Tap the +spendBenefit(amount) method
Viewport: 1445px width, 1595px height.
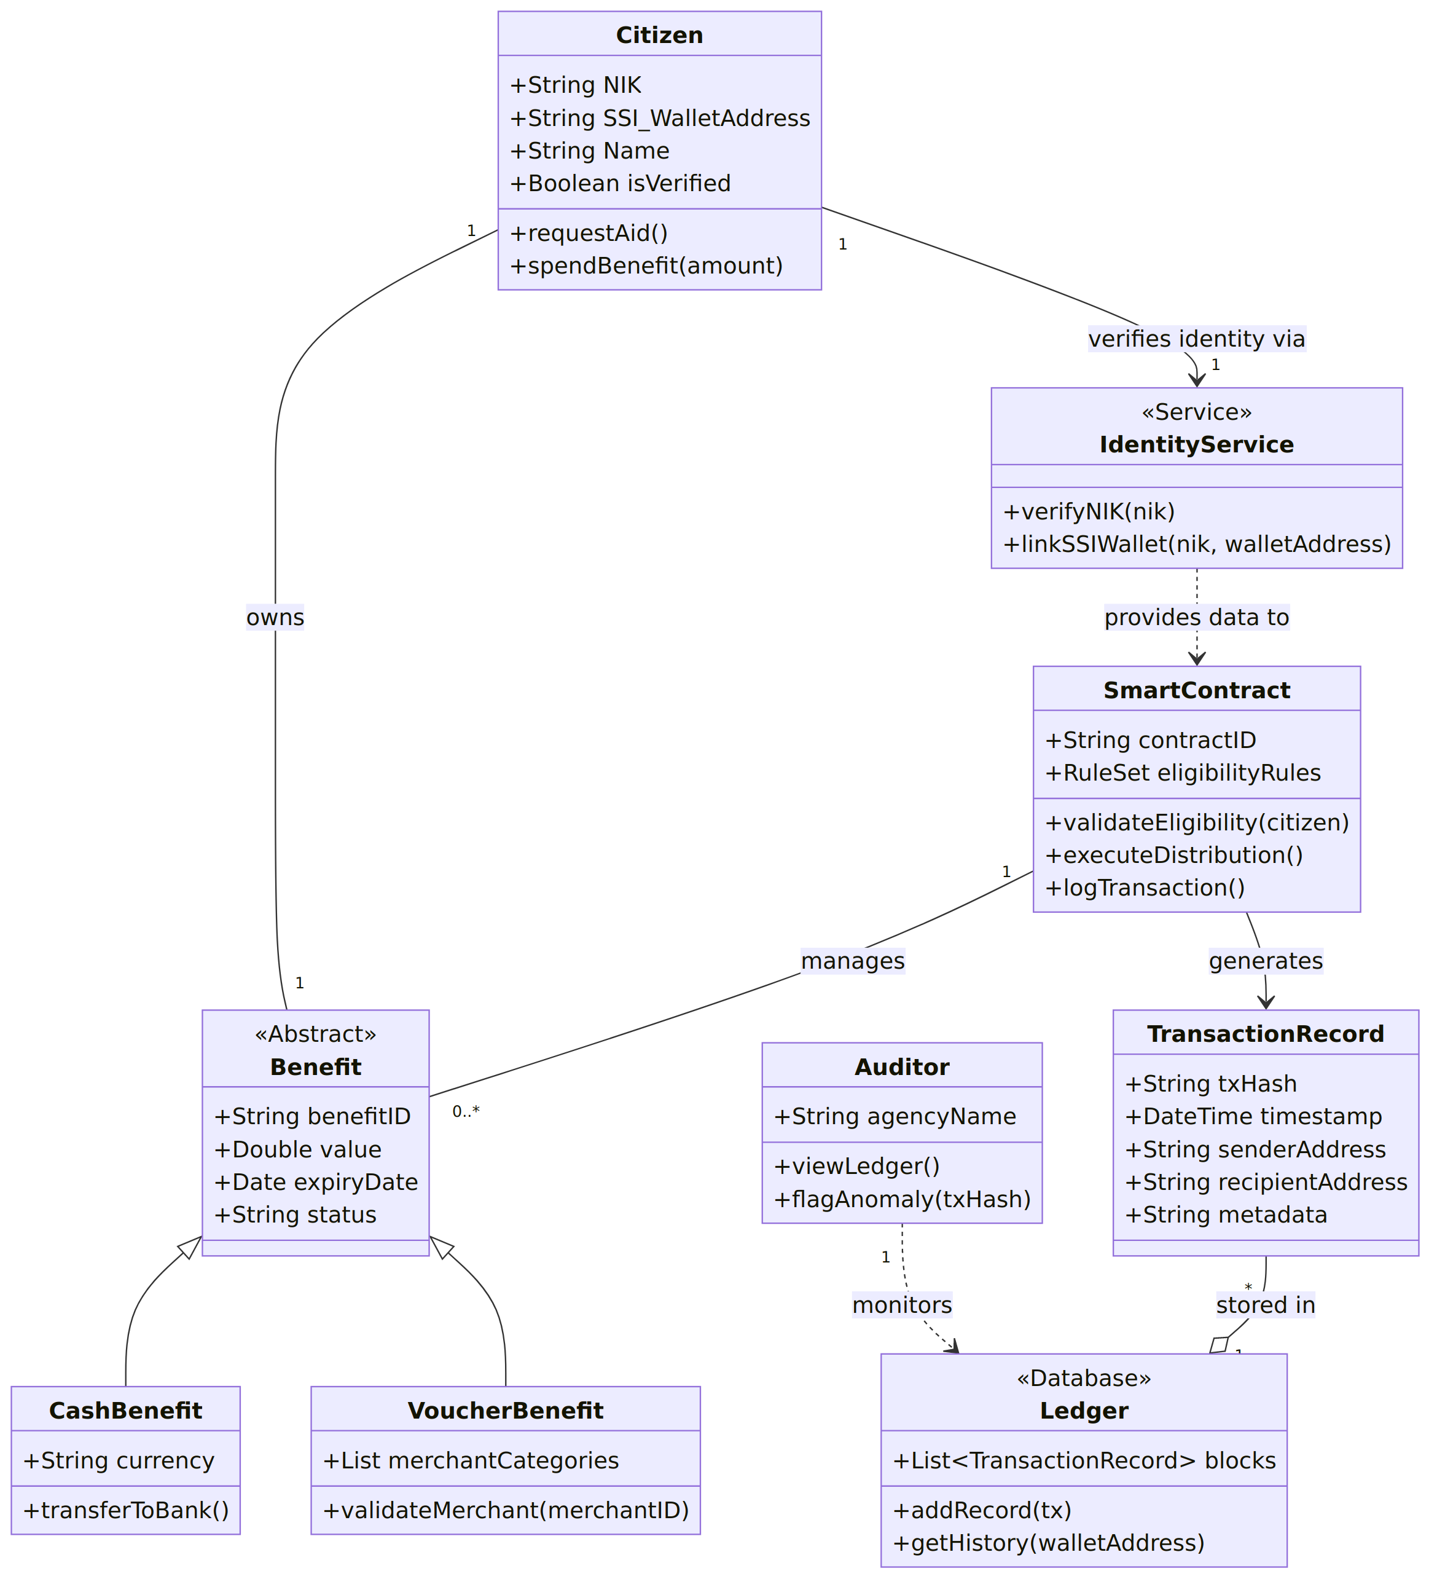pos(646,265)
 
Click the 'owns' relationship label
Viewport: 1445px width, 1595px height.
pos(275,617)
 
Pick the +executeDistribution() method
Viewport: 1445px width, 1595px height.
pos(1173,854)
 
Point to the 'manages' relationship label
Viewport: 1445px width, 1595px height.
pos(853,961)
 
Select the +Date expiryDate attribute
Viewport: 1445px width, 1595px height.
pos(316,1181)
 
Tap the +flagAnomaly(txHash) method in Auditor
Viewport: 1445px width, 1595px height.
pos(902,1199)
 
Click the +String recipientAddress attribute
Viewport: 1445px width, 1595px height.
pos(1266,1181)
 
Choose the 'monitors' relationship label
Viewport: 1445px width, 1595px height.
pos(902,1305)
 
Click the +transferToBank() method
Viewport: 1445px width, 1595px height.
pos(126,1510)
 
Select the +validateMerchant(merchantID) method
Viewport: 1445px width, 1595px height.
pos(506,1510)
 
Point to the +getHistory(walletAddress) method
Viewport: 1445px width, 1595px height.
pos(1048,1542)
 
